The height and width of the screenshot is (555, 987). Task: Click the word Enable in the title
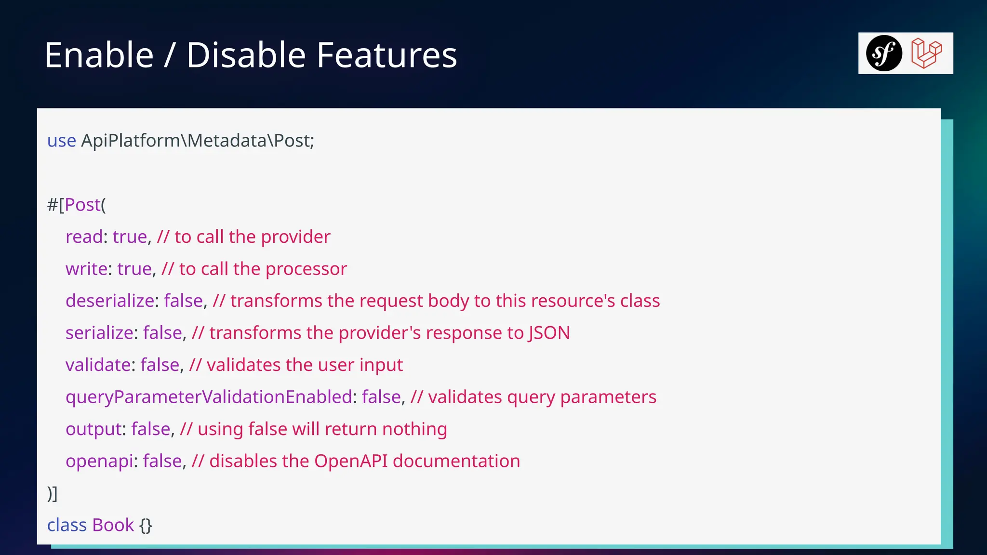(x=99, y=55)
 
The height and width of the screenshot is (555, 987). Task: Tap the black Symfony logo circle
(x=884, y=53)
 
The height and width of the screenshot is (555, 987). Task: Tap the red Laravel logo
(x=926, y=53)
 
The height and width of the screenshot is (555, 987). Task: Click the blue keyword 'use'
(x=62, y=141)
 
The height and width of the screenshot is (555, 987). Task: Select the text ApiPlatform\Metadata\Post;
(x=198, y=141)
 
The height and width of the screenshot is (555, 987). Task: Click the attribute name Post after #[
(x=82, y=205)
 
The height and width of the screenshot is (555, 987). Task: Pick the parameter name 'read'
(x=84, y=237)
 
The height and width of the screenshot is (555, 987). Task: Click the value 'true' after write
(x=134, y=269)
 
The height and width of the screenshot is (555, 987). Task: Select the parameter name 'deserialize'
(x=110, y=301)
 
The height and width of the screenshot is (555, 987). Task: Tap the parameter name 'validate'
(x=98, y=365)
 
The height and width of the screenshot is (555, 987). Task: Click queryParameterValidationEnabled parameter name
(x=209, y=397)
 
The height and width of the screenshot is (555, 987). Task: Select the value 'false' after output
(x=150, y=429)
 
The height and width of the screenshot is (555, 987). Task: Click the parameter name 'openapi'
(x=99, y=462)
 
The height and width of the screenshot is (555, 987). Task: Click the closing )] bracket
(x=52, y=493)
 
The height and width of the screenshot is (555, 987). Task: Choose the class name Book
(x=113, y=525)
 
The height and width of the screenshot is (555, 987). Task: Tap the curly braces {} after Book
(x=146, y=525)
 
